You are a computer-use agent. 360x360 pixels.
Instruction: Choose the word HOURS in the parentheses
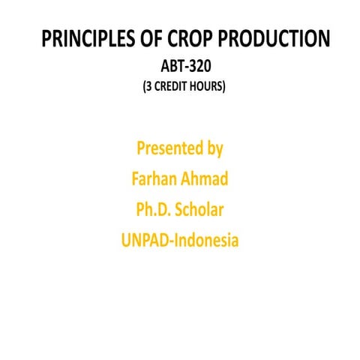[206, 86]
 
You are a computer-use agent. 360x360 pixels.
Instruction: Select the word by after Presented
[214, 148]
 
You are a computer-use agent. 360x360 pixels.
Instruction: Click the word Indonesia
[205, 241]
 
